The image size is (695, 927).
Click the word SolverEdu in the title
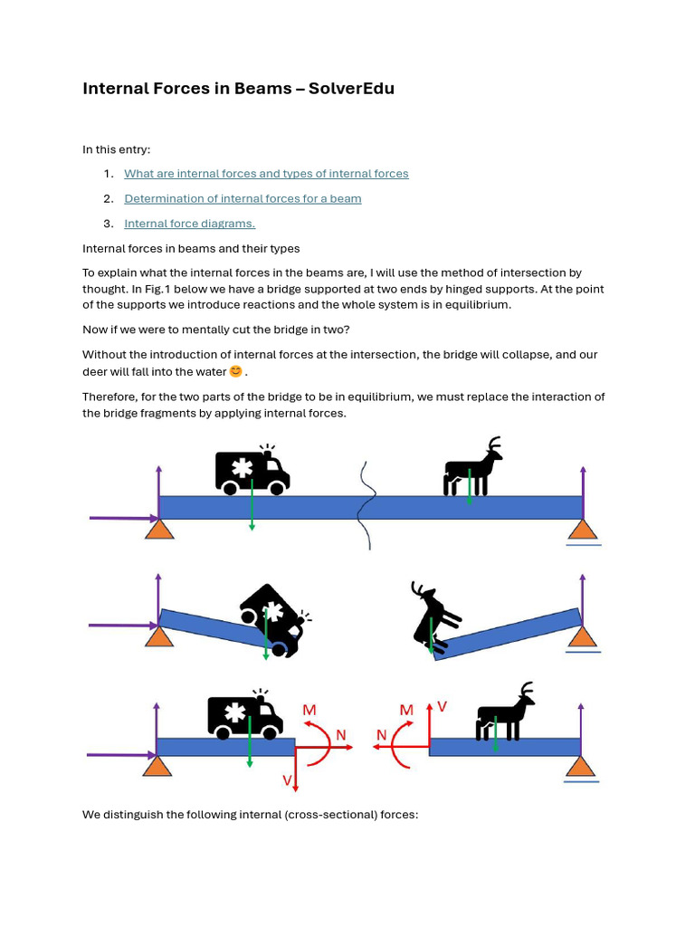tap(351, 89)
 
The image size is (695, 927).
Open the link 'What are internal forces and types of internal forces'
tap(266, 174)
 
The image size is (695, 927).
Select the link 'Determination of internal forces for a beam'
tap(243, 198)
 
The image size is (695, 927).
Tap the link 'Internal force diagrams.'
tap(189, 224)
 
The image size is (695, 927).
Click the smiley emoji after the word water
tap(236, 371)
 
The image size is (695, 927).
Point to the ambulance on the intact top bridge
tap(252, 470)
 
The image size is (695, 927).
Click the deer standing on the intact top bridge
tap(472, 466)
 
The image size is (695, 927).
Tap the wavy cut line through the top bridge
tap(367, 506)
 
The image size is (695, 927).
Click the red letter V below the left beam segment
tap(287, 780)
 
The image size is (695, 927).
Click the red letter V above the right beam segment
tap(442, 706)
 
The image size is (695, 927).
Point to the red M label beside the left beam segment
tap(309, 710)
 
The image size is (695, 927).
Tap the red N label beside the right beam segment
tap(381, 735)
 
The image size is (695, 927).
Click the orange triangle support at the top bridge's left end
tap(159, 528)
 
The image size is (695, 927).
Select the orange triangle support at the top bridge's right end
tap(584, 529)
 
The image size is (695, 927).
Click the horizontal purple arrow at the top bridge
tap(124, 519)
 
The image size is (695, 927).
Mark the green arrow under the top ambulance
tap(252, 504)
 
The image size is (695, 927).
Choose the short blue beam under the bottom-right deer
tap(505, 747)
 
